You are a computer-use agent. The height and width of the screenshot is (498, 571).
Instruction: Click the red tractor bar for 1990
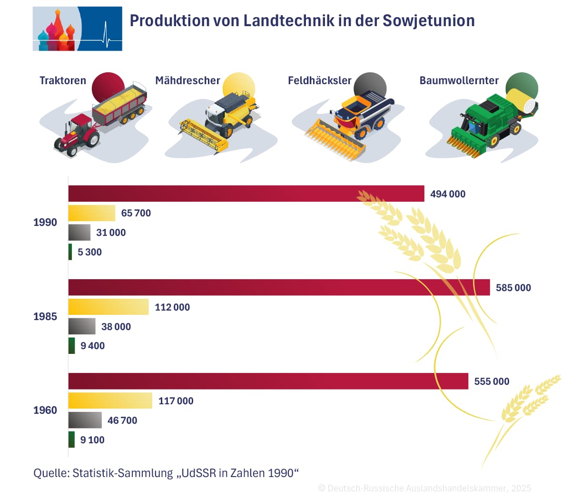[246, 194]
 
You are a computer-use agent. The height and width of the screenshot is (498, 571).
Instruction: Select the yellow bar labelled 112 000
[108, 307]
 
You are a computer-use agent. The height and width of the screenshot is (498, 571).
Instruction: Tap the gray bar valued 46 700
[85, 420]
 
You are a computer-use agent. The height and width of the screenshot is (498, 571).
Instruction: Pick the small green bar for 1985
[71, 346]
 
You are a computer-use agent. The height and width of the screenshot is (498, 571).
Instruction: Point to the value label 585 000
[513, 288]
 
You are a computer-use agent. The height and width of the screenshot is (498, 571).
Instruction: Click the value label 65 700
[136, 213]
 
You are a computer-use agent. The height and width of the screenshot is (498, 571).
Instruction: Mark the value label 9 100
[92, 440]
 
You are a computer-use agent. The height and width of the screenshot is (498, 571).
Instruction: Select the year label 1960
[45, 410]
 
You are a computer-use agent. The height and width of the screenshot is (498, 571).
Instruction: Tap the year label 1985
[45, 316]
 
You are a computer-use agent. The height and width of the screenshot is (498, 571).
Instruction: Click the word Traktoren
[63, 80]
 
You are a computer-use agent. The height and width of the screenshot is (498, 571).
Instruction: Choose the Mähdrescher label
[187, 80]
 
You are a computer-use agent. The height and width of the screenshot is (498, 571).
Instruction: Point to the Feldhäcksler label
[319, 80]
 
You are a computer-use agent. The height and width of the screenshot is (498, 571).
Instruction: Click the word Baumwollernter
[459, 80]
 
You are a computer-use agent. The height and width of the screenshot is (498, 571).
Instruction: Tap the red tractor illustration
[78, 134]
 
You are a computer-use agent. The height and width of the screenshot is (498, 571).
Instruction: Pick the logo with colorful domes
[77, 29]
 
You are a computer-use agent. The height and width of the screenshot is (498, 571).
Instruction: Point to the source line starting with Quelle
[166, 473]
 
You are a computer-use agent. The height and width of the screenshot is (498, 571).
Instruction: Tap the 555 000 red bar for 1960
[268, 381]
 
